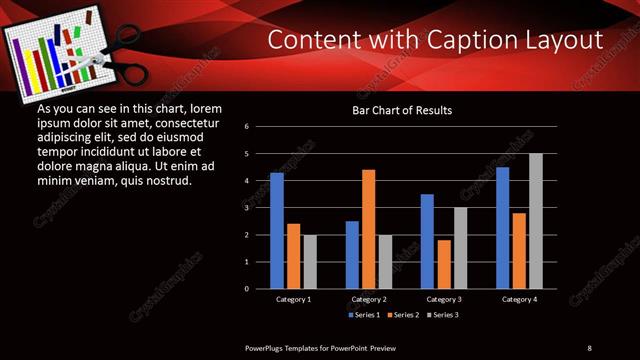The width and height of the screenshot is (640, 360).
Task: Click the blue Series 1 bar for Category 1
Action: tap(277, 231)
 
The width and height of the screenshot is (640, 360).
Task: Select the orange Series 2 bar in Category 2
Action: tap(368, 229)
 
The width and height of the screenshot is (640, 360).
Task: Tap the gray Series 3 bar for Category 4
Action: tap(535, 221)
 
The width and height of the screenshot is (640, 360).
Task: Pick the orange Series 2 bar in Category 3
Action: tap(443, 264)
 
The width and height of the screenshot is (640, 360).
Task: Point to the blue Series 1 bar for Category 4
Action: tap(502, 228)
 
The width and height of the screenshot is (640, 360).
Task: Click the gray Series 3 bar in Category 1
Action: tap(309, 262)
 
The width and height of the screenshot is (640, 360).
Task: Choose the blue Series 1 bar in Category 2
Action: tap(352, 255)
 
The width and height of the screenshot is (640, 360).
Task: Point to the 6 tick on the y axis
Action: tap(260, 127)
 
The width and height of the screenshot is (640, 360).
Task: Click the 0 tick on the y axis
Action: tap(260, 289)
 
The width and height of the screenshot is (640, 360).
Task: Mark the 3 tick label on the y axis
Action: tap(260, 208)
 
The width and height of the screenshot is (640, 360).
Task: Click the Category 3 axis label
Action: tap(442, 299)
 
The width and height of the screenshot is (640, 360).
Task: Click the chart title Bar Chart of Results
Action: tap(402, 109)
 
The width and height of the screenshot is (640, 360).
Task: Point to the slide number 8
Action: tap(589, 347)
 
